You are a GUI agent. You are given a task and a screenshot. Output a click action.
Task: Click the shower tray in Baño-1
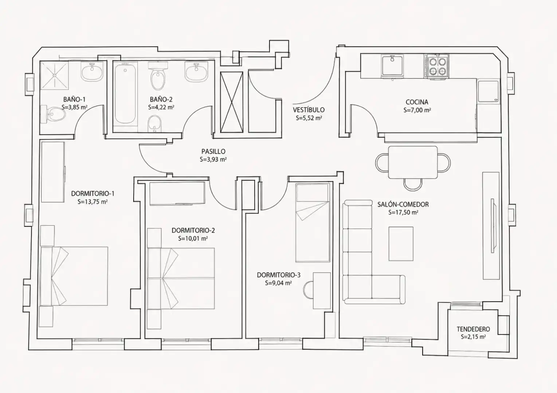pos(54,75)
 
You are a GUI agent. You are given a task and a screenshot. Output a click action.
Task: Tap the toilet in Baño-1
pos(53,114)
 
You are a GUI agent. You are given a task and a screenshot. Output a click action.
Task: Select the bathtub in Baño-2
pos(125,93)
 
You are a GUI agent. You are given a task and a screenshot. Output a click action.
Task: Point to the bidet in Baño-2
pos(154,124)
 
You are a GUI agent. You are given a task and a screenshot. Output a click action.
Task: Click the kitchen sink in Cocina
pos(393,65)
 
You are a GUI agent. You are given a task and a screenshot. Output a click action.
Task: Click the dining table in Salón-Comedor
pos(413,162)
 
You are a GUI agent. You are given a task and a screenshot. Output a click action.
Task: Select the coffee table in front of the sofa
pos(401,244)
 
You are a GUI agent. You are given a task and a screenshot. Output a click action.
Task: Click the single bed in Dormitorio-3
pos(313,223)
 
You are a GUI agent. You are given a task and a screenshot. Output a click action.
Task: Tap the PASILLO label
pos(213,151)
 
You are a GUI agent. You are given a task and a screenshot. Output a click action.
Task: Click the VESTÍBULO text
pos(309,110)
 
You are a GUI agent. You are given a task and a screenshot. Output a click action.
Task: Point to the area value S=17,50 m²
pos(403,213)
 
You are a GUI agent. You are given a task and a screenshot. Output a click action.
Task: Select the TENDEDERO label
pos(473,329)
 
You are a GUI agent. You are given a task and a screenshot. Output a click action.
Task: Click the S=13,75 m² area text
pos(92,202)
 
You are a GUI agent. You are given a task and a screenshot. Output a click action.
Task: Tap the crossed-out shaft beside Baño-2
pos(232,102)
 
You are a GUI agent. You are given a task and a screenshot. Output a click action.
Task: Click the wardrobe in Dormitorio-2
pos(177,194)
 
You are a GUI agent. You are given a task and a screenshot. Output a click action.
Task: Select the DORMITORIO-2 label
pos(193,231)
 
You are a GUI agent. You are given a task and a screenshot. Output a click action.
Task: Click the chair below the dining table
pos(413,184)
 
